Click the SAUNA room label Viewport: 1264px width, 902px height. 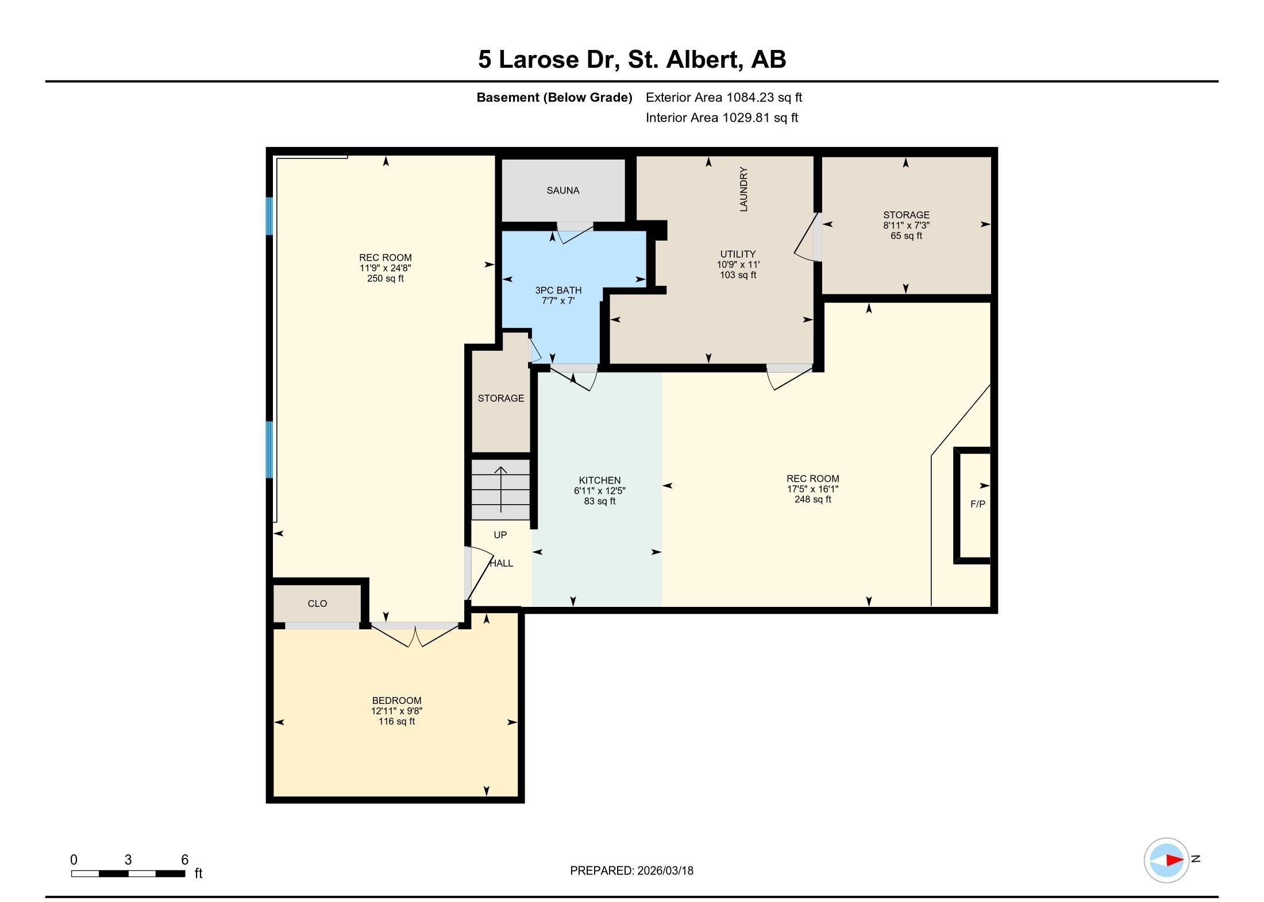coord(562,191)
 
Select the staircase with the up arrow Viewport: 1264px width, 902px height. coord(500,489)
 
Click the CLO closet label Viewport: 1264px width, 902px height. coord(317,603)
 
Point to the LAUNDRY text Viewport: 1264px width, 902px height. coord(743,189)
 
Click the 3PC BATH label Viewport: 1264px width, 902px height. coord(558,291)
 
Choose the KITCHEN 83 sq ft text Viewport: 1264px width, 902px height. coord(599,501)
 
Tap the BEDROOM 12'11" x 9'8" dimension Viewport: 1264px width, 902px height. coord(396,711)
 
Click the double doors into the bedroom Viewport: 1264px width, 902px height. coord(414,634)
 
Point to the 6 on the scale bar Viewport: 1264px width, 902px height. coord(184,860)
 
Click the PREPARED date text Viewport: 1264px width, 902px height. coord(631,870)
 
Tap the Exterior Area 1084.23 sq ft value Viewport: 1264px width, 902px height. coord(723,98)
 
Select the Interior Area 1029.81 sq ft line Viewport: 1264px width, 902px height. coord(722,118)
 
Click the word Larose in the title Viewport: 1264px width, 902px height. coord(538,60)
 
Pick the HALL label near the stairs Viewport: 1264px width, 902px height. coord(502,563)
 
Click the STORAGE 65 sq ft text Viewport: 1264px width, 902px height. coord(906,236)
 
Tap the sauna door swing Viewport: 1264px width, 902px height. coord(575,233)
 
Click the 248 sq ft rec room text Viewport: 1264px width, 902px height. coord(812,500)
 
